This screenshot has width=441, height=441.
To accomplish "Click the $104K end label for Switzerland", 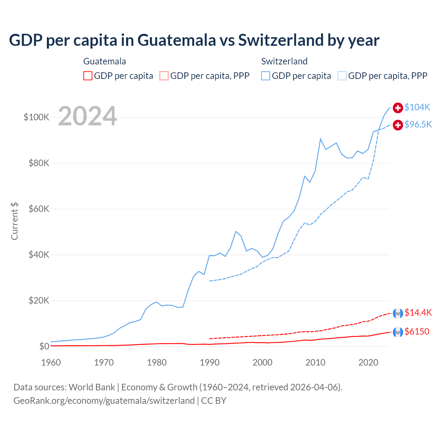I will point(417,107).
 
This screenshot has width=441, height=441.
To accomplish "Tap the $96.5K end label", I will point(418,124).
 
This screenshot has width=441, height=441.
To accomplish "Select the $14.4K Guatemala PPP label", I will point(418,312).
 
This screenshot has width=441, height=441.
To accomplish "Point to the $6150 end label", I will point(417,331).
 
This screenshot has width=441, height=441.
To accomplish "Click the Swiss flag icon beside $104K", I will point(398,107).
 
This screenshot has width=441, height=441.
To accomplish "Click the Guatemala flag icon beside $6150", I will point(398,332).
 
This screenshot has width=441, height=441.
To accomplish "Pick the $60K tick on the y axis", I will point(39,209).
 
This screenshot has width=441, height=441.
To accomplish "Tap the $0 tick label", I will point(44,346).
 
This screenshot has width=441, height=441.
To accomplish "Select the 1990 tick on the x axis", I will point(209,362).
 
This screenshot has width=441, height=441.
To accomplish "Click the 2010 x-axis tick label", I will point(315,362).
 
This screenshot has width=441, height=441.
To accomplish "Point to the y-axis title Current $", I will point(14,221).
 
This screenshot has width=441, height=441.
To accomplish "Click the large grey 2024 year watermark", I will point(88,116).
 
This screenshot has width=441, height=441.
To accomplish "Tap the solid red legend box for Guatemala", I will point(88,76).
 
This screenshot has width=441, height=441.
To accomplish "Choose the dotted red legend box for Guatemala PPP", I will point(164,76).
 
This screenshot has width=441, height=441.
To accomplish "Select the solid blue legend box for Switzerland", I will point(266,76).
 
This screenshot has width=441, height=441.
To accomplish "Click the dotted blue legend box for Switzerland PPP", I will point(342,76).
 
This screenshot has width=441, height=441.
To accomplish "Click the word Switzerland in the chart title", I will point(280,40).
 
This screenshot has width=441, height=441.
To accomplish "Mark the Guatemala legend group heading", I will point(104,61).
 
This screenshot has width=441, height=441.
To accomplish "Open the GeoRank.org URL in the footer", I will point(104,401).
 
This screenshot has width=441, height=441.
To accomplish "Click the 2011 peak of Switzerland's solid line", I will point(320,139).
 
